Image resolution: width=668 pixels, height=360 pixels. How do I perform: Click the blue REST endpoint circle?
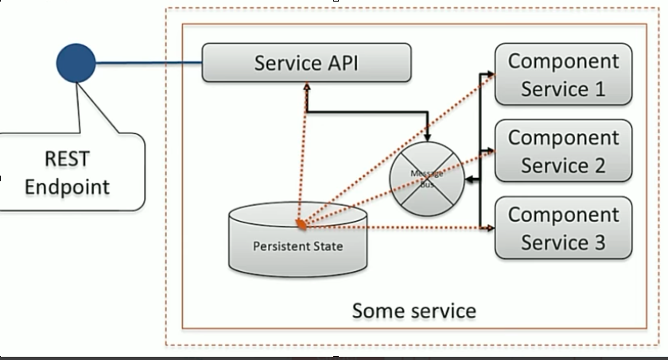[76, 62]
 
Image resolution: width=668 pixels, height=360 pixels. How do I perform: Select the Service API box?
[306, 62]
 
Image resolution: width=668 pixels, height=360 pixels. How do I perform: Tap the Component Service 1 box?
[563, 75]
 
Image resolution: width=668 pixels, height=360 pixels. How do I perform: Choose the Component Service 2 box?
[563, 151]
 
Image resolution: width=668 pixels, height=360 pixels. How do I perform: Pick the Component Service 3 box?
[563, 229]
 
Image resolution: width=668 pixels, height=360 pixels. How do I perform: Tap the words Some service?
[414, 310]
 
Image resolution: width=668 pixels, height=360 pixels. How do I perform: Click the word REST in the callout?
[68, 158]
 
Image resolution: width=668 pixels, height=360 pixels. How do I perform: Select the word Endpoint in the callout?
[68, 187]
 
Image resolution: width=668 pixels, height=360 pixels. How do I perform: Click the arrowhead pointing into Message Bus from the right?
[468, 182]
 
